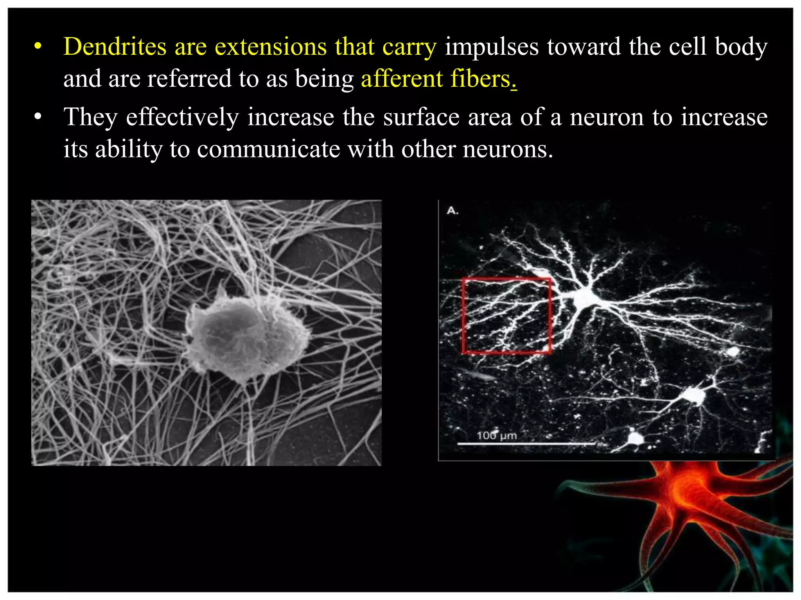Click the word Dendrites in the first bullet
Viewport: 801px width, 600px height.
pyautogui.click(x=115, y=47)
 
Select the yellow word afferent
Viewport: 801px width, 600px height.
pyautogui.click(x=401, y=79)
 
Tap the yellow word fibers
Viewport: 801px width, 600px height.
pyautogui.click(x=481, y=79)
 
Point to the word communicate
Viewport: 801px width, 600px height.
pyautogui.click(x=268, y=149)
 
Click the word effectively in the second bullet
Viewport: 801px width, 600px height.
pyautogui.click(x=182, y=117)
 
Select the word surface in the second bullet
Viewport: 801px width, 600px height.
pyautogui.click(x=421, y=117)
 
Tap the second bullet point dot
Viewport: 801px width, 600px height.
pyautogui.click(x=38, y=117)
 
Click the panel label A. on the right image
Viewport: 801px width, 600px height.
pyautogui.click(x=452, y=211)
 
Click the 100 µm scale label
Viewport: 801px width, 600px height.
pyautogui.click(x=497, y=435)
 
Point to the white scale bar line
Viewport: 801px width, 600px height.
pyautogui.click(x=526, y=444)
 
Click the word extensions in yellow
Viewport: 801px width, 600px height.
pyautogui.click(x=271, y=47)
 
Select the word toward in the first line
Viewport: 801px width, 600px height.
pyautogui.click(x=584, y=47)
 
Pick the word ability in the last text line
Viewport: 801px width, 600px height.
pyautogui.click(x=129, y=149)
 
